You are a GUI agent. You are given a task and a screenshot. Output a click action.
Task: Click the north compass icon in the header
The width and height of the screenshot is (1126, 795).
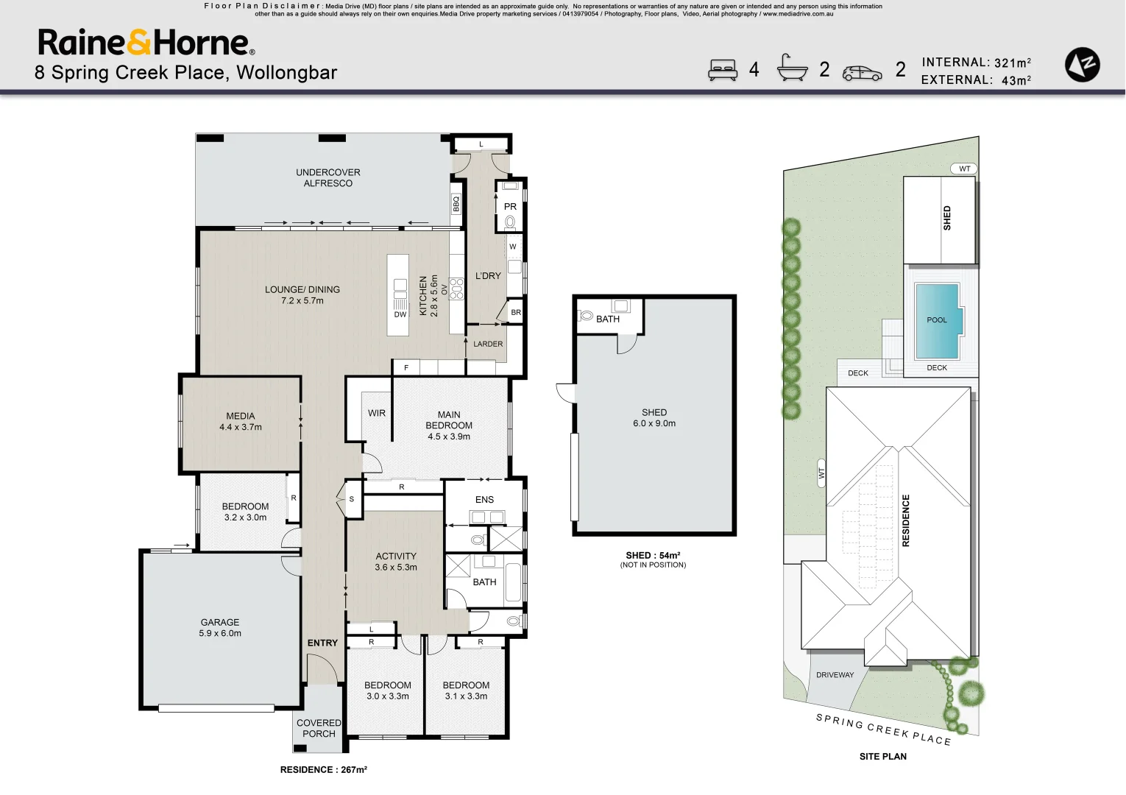pos(1082,65)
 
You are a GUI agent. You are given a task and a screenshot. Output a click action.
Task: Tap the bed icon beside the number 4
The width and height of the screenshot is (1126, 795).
pos(722,70)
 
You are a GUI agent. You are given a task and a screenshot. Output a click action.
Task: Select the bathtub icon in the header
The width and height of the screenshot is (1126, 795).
pos(792,68)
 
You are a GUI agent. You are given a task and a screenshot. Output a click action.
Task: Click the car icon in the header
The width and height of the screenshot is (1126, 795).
pos(862,73)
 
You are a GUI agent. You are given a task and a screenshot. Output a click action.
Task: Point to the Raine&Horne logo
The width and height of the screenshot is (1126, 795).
pos(146,43)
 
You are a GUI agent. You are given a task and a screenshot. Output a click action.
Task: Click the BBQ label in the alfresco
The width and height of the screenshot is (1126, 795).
pos(456,204)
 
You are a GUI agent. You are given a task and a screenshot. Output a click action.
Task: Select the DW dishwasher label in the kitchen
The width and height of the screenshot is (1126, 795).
pos(400,314)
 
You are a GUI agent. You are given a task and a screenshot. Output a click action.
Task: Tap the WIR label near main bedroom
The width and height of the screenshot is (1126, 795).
pos(377,413)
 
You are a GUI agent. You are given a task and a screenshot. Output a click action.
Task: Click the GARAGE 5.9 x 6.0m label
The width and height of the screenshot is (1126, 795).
pos(220,627)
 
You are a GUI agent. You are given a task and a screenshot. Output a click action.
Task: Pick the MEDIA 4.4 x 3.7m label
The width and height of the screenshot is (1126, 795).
pos(241,421)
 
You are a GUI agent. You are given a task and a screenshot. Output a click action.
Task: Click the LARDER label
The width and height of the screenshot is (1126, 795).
pos(488,344)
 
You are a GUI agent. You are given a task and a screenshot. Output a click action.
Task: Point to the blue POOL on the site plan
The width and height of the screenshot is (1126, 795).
pos(936,320)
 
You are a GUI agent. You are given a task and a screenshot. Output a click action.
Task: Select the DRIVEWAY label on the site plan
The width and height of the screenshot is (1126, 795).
pos(835,675)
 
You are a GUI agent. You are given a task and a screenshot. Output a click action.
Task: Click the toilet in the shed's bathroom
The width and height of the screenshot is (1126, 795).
pos(587,315)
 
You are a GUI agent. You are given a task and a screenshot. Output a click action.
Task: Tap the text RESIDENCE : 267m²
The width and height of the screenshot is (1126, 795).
pos(323,769)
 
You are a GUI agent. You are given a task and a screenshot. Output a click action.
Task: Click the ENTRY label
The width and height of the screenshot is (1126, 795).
pos(322,643)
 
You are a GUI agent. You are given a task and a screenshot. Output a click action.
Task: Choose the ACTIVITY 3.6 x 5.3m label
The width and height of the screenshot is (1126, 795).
pos(396,562)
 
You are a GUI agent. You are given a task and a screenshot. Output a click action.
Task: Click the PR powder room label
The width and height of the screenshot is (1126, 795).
pos(510,207)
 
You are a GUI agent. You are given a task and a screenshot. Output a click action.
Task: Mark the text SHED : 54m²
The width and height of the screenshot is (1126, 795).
pos(653,556)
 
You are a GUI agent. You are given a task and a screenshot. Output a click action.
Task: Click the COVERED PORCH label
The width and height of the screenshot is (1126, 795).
pos(319,728)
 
